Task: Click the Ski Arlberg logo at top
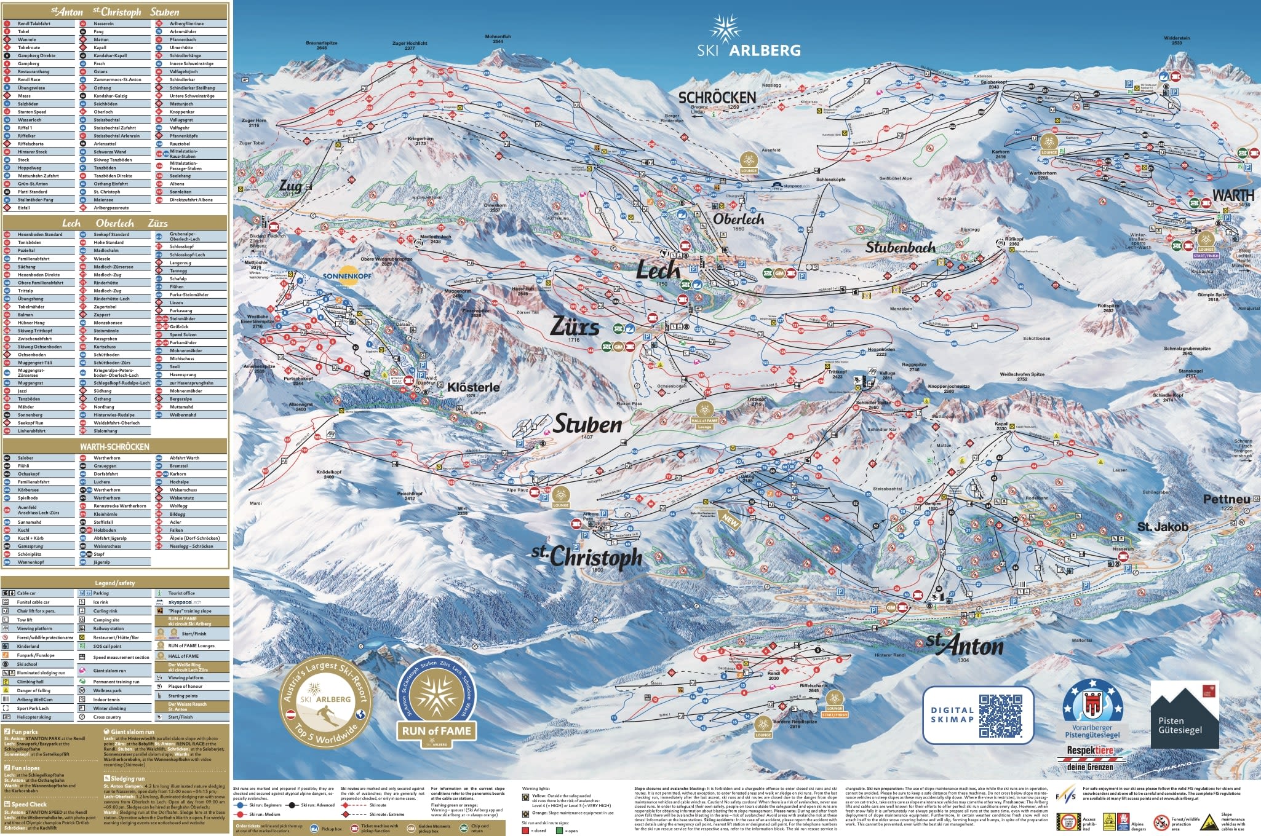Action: [x=749, y=38]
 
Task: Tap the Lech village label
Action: [x=658, y=269]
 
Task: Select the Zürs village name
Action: [x=574, y=326]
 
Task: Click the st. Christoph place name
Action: [x=587, y=556]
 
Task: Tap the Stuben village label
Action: [x=587, y=424]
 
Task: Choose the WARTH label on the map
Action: [x=1232, y=195]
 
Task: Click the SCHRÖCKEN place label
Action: [x=717, y=98]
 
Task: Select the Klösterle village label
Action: [x=473, y=387]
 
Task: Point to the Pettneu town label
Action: [x=1227, y=499]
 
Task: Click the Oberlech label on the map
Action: [x=738, y=219]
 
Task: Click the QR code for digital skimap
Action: [x=1000, y=716]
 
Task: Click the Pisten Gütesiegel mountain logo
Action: [x=1184, y=714]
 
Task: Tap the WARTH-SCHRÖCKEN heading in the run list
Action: [x=114, y=447]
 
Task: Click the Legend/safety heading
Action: [x=114, y=583]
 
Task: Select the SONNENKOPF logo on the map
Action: [x=348, y=274]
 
